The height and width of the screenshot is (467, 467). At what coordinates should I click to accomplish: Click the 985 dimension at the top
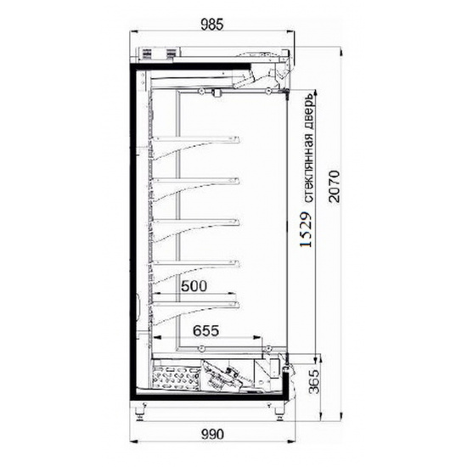coord(211,25)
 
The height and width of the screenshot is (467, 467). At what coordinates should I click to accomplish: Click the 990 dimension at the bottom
coord(212,435)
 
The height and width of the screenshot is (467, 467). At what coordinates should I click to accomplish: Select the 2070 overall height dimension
coord(334,187)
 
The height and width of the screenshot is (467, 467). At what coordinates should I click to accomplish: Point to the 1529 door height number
coord(307,229)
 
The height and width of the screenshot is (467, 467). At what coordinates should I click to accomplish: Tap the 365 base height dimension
coord(314,382)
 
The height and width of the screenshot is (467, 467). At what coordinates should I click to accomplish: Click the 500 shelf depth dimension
coord(194,286)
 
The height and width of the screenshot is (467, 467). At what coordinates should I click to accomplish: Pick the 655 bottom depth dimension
coord(205,330)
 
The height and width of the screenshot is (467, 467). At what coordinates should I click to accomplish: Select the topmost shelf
coord(197,138)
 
